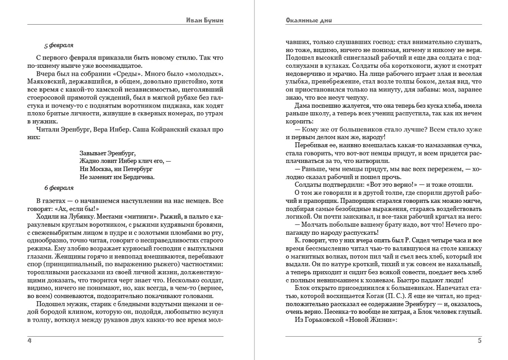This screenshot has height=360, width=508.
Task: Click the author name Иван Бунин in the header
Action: pyautogui.click(x=205, y=20)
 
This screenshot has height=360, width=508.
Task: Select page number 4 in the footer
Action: pyautogui.click(x=30, y=341)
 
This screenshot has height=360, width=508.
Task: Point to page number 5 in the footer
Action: pyautogui.click(x=479, y=341)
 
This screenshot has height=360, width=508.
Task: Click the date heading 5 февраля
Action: pyautogui.click(x=59, y=45)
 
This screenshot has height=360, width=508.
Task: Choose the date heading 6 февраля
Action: pyautogui.click(x=59, y=188)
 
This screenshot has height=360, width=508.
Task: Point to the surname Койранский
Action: pyautogui.click(x=168, y=129)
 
